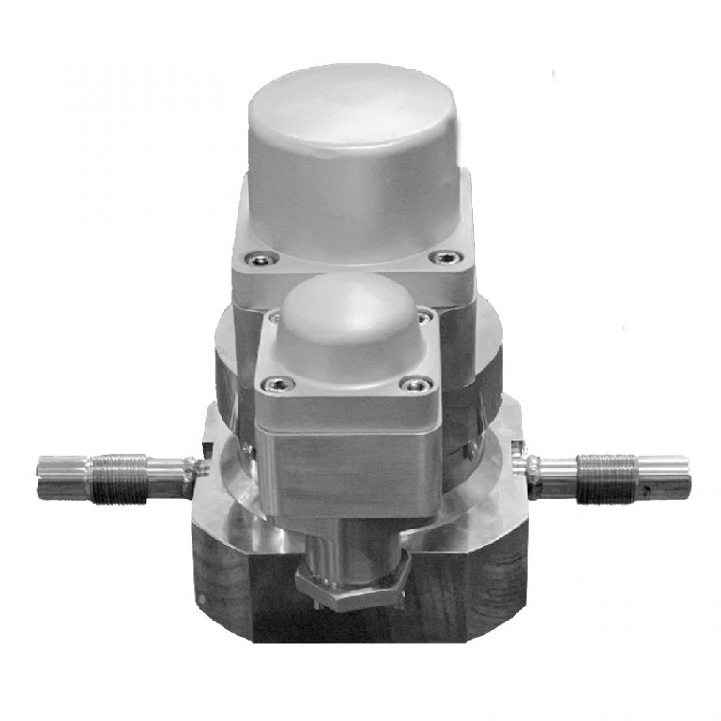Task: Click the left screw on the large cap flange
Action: click(251, 259)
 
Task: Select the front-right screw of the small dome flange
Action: click(414, 383)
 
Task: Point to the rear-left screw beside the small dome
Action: click(272, 318)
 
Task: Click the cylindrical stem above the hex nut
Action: click(349, 536)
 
